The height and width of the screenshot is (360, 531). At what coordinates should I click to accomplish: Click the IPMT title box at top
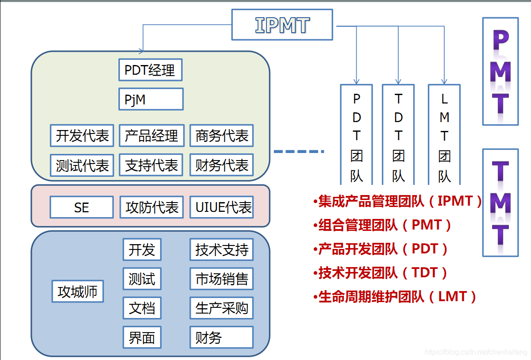282,25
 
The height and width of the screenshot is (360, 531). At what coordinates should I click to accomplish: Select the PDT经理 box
150,70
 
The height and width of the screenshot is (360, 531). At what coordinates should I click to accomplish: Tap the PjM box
150,100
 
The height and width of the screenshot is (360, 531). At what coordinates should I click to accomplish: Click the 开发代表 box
82,136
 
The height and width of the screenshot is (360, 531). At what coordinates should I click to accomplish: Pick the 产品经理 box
151,136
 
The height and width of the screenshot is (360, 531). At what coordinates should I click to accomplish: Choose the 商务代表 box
222,136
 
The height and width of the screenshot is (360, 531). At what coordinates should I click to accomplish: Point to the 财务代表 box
222,165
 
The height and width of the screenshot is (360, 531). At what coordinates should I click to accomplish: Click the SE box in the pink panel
81,207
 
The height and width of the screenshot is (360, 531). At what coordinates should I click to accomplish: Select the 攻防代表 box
151,207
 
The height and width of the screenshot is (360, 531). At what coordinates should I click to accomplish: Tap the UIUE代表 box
222,207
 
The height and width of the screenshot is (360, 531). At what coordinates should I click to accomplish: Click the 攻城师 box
77,291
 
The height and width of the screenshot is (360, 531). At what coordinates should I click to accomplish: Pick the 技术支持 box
222,250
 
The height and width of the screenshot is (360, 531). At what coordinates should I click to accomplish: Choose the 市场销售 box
222,279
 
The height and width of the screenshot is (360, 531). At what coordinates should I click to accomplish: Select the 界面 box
142,338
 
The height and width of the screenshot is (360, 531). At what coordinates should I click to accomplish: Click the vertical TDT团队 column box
398,135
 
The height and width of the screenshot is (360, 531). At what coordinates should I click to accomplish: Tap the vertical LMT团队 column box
444,135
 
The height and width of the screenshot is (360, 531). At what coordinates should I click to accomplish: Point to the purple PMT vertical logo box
500,71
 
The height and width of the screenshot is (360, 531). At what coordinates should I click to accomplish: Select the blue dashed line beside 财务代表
299,152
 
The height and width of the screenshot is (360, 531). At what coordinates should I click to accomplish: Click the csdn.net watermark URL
476,352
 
